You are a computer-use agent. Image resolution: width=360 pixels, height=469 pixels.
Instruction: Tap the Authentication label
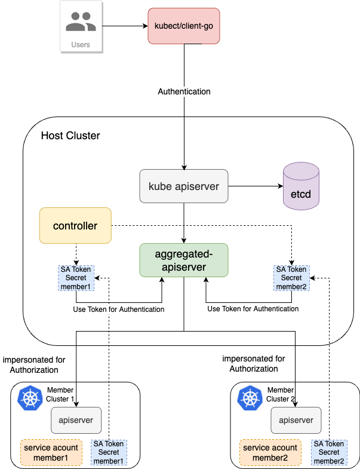pyautogui.click(x=184, y=92)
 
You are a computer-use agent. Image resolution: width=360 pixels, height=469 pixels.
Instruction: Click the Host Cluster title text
pyautogui.click(x=70, y=136)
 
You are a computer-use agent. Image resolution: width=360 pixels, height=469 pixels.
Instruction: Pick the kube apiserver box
pyautogui.click(x=184, y=186)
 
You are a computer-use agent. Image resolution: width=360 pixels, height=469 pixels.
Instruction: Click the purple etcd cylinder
pyautogui.click(x=301, y=188)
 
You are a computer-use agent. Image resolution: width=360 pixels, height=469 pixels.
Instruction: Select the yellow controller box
pyautogui.click(x=75, y=225)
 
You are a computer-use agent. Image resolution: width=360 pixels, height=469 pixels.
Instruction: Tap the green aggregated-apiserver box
pyautogui.click(x=184, y=259)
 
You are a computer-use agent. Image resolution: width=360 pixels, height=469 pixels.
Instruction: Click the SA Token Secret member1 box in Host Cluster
pyautogui.click(x=75, y=278)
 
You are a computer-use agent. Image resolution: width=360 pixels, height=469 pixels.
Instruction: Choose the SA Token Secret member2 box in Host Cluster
pyautogui.click(x=291, y=278)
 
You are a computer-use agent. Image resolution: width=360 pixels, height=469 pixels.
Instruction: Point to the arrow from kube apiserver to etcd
pyautogui.click(x=255, y=186)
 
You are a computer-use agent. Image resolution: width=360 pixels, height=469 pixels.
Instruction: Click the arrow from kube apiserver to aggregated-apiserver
pyautogui.click(x=184, y=222)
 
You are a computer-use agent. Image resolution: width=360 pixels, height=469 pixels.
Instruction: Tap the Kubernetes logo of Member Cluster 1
pyautogui.click(x=31, y=399)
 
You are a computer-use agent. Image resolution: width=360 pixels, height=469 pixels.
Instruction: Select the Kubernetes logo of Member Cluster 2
pyautogui.click(x=251, y=399)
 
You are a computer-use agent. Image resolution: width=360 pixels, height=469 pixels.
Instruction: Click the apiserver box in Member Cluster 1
pyautogui.click(x=76, y=420)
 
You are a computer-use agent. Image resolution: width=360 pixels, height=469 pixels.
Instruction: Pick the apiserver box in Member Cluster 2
pyautogui.click(x=296, y=420)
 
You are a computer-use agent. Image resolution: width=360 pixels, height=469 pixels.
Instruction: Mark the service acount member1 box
pyautogui.click(x=53, y=453)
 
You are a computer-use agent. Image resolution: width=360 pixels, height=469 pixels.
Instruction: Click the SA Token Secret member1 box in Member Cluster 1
pyautogui.click(x=109, y=453)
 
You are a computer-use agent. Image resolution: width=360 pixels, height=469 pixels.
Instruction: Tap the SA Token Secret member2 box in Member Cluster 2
pyautogui.click(x=329, y=453)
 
